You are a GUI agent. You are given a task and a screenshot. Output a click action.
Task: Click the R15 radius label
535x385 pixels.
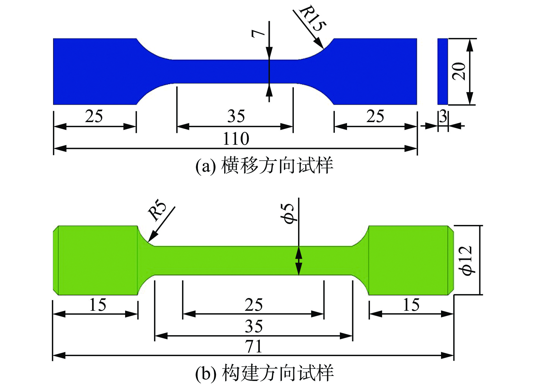click(313, 18)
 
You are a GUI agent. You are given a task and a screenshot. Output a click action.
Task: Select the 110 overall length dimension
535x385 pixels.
click(236, 139)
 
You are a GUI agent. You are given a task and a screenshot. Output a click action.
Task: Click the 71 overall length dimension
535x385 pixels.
click(253, 346)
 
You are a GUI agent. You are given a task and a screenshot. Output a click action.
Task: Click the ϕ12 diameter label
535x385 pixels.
click(466, 260)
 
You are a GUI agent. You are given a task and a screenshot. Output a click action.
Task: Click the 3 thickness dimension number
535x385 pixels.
click(443, 116)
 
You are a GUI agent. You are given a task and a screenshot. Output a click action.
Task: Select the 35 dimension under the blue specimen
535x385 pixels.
click(236, 116)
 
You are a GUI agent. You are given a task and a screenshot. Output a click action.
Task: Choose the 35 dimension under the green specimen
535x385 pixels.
click(253, 326)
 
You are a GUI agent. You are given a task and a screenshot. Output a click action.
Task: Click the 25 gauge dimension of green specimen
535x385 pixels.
click(253, 305)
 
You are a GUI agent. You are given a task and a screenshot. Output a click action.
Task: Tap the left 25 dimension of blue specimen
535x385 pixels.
click(94, 116)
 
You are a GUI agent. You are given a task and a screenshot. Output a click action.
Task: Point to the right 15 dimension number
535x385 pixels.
click(411, 305)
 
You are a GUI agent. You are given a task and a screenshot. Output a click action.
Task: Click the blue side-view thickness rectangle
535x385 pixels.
click(443, 71)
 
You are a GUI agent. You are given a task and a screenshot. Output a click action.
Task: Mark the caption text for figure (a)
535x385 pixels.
click(264, 165)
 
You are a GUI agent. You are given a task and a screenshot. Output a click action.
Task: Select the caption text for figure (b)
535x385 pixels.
click(264, 373)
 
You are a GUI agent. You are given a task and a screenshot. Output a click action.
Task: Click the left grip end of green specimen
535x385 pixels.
click(96, 260)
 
